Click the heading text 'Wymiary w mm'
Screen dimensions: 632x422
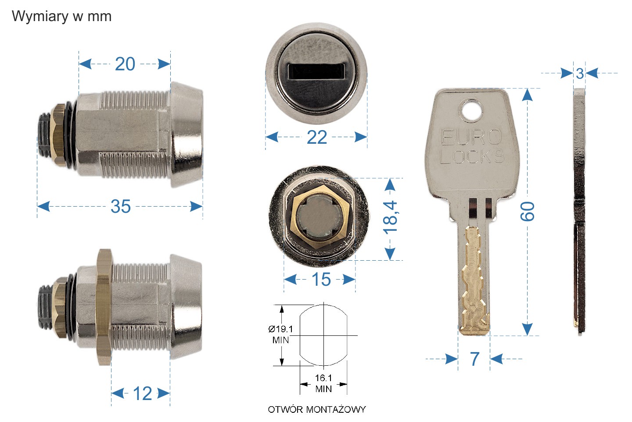tap(61, 16)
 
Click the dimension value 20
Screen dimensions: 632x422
tap(125, 64)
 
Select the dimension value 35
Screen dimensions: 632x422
tap(120, 206)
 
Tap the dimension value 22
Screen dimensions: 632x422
tap(317, 137)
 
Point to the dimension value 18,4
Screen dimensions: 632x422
tap(390, 218)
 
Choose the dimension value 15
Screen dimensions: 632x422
tap(321, 280)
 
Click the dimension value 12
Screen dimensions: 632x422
tap(143, 393)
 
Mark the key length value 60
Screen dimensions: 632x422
tap(528, 211)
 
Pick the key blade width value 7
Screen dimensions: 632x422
tap(474, 359)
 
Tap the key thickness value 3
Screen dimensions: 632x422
tap(580, 73)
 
